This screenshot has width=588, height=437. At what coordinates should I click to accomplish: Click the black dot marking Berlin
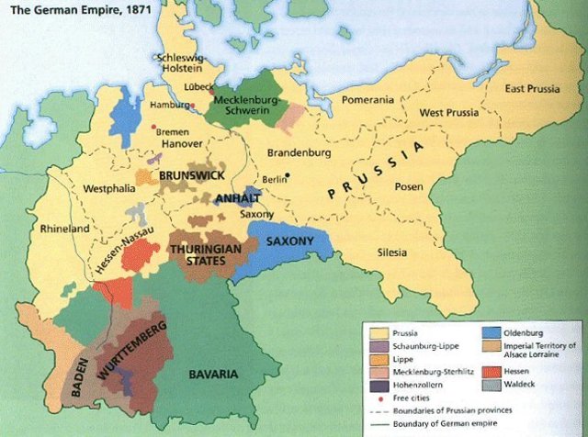click(x=288, y=175)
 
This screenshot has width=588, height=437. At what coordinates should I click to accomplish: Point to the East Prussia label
click(x=530, y=89)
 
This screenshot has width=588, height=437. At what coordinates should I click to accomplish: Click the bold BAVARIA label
click(x=213, y=375)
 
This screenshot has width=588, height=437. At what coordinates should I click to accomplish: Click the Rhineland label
click(x=64, y=229)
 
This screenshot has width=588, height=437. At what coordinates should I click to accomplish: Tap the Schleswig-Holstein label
click(x=182, y=62)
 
